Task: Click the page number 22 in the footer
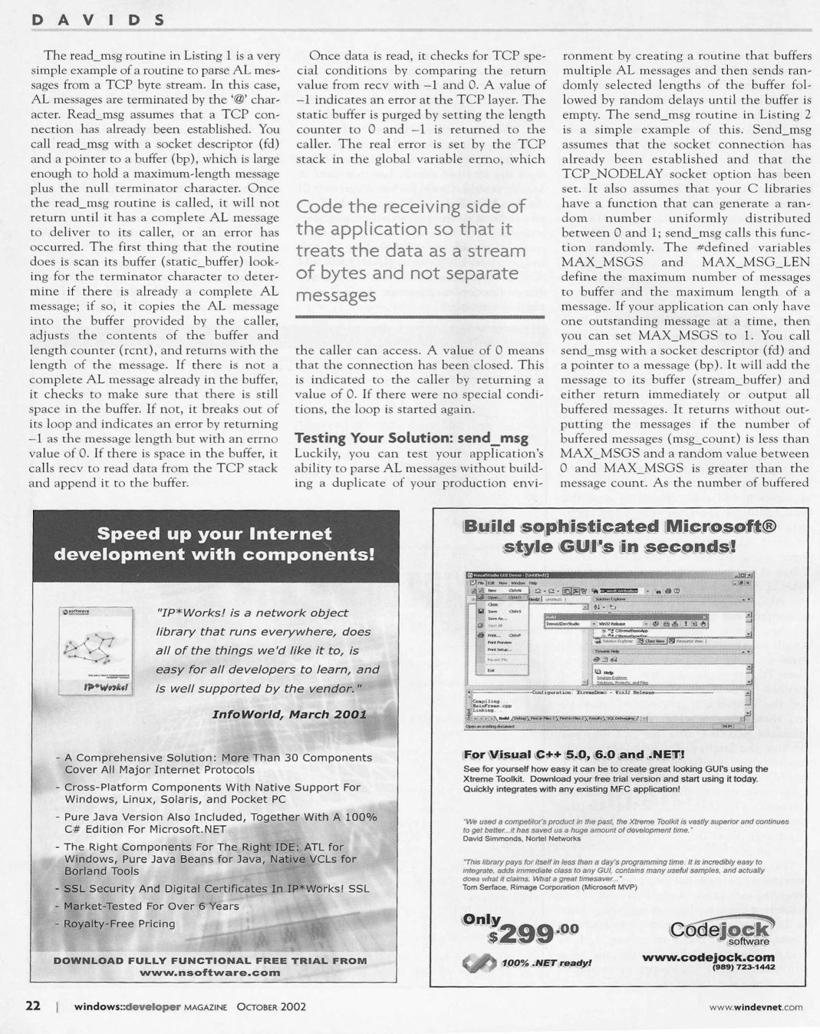pyautogui.click(x=35, y=1006)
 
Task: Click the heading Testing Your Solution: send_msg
pyautogui.click(x=412, y=438)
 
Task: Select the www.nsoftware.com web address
pyautogui.click(x=210, y=972)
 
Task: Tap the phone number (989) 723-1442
pyautogui.click(x=743, y=967)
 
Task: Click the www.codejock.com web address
pyautogui.click(x=708, y=956)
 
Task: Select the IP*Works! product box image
pyautogui.click(x=97, y=650)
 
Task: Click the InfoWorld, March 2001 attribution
pyautogui.click(x=289, y=714)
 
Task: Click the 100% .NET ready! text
pyautogui.click(x=546, y=963)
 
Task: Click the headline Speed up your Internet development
pyautogui.click(x=214, y=543)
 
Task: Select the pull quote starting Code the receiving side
pyautogui.click(x=411, y=250)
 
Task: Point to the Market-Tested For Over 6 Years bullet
pyautogui.click(x=151, y=906)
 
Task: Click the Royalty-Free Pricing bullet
pyautogui.click(x=119, y=923)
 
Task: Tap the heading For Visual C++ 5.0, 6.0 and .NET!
pyautogui.click(x=574, y=754)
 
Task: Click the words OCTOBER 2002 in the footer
pyautogui.click(x=268, y=1006)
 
